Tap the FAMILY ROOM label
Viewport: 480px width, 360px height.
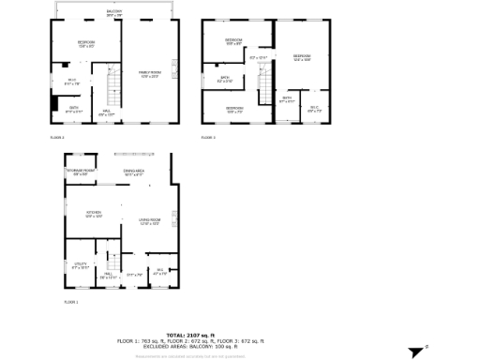[150, 73]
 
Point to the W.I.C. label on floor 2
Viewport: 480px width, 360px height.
[70, 81]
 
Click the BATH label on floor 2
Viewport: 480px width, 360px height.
[74, 109]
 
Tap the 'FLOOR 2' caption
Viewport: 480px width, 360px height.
[57, 138]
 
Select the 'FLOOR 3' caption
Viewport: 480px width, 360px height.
[207, 138]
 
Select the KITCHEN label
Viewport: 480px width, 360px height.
[93, 214]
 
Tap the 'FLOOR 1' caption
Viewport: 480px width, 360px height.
[71, 303]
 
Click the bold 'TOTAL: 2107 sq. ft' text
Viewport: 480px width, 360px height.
[190, 335]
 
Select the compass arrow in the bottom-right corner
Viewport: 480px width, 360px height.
[418, 352]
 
